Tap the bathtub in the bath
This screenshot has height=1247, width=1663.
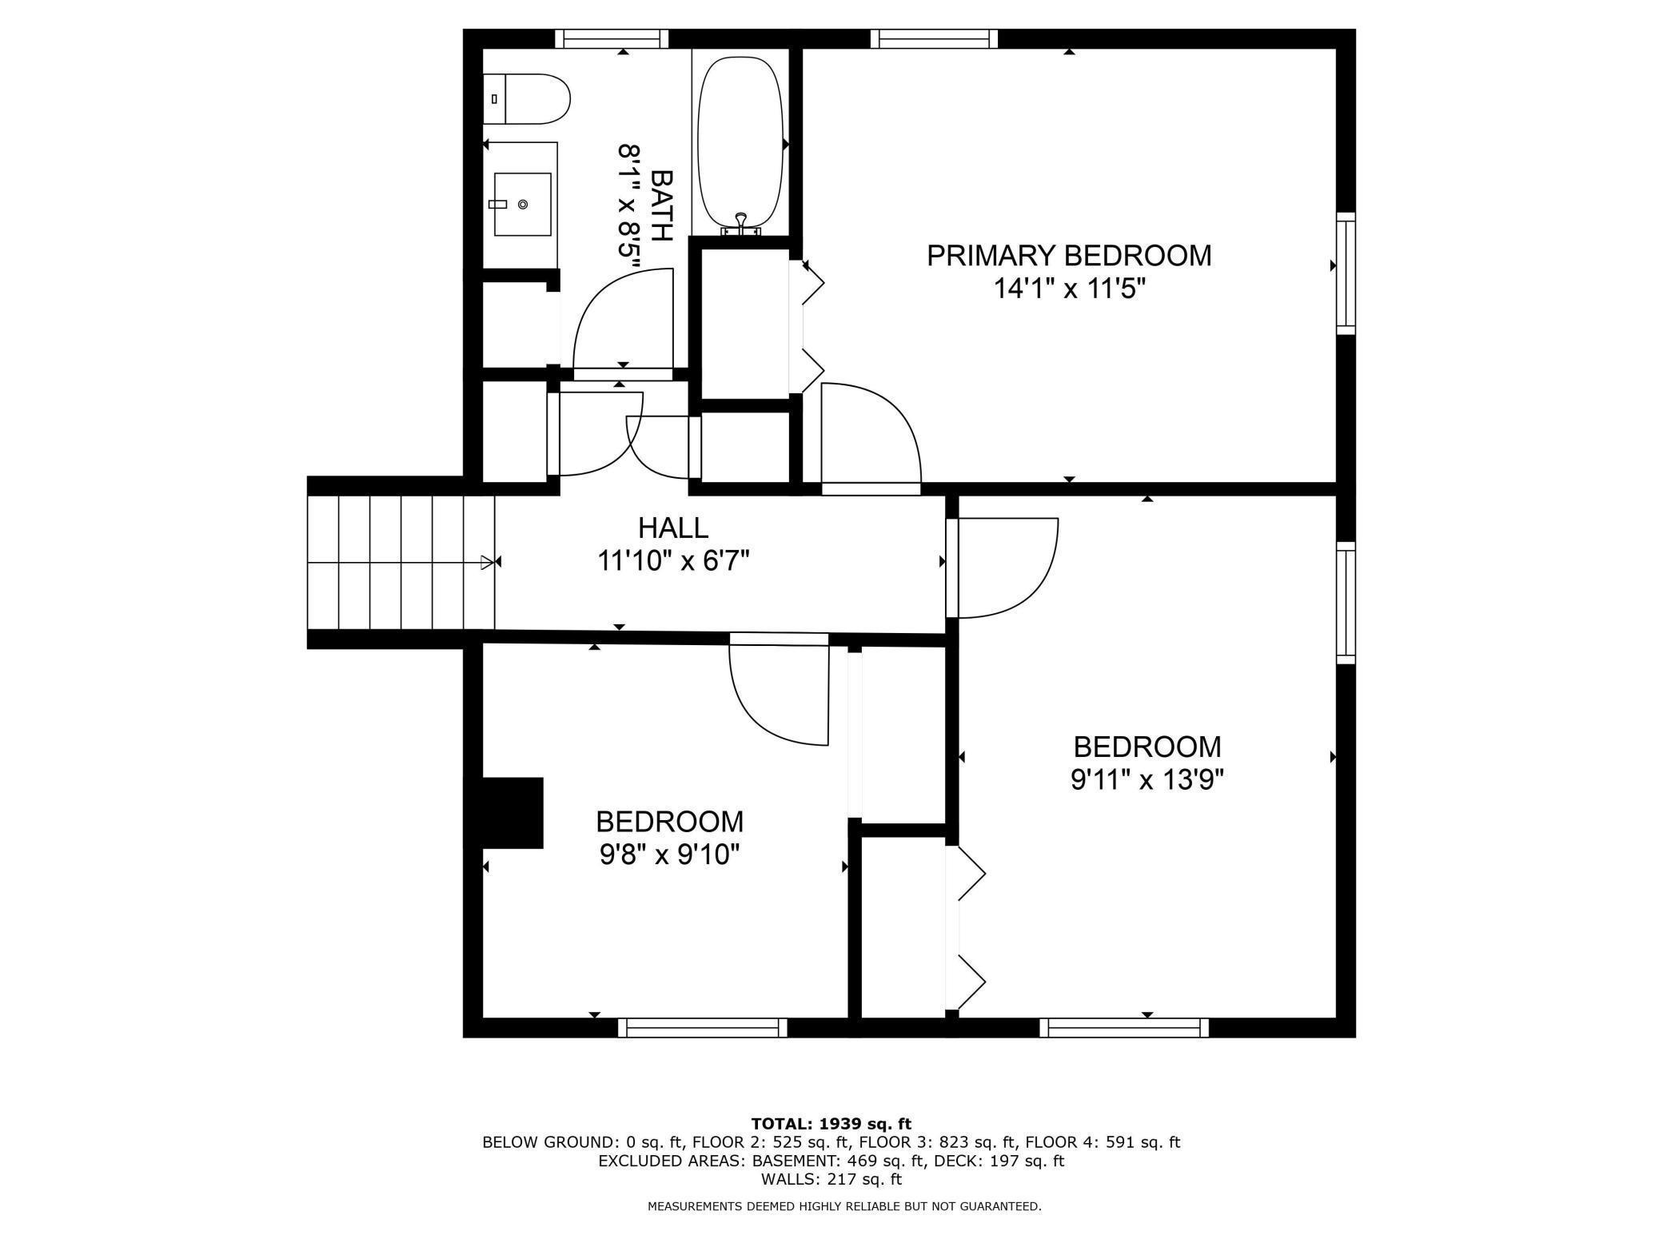tap(740, 142)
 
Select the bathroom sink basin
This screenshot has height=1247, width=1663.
tap(523, 204)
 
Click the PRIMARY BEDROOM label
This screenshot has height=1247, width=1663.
tap(1069, 256)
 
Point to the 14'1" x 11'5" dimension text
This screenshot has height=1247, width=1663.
tap(1070, 288)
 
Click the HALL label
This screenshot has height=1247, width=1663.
tap(673, 528)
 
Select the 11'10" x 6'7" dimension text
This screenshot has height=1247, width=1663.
tap(673, 561)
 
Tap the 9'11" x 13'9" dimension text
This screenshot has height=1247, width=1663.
tap(1147, 779)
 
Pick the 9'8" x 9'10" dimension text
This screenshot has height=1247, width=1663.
tap(670, 855)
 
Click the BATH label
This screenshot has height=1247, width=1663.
tap(662, 205)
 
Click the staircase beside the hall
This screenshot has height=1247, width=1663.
tap(401, 563)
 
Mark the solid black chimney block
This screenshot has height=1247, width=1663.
tap(512, 812)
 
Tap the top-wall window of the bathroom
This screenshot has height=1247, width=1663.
tap(612, 38)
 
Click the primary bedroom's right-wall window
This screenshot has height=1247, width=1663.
tap(1346, 273)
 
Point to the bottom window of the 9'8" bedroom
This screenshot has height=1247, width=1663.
tap(703, 1027)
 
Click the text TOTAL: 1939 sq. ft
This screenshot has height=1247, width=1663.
tap(831, 1124)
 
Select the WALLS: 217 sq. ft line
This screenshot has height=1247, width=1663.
tap(831, 1178)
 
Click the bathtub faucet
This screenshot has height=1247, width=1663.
tap(741, 224)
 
